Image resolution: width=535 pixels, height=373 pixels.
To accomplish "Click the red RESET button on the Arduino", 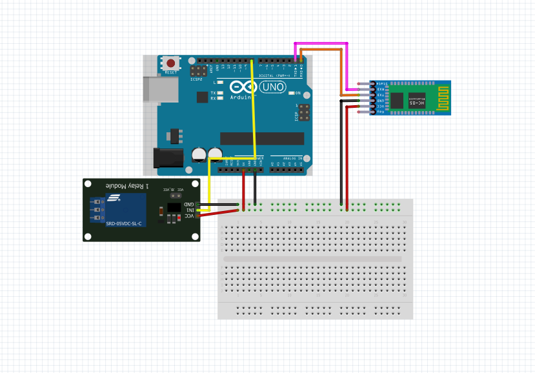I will [170, 63].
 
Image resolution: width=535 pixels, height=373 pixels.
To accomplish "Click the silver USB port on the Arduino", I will [154, 90].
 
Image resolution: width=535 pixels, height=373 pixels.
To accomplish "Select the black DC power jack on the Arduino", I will [165, 158].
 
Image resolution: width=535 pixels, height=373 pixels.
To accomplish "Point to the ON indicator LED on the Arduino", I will [291, 94].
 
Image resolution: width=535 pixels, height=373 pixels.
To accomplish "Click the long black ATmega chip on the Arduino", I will [260, 138].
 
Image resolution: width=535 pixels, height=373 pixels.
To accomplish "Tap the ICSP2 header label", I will [196, 79].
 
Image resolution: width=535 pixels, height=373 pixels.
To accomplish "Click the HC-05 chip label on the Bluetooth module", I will [417, 101].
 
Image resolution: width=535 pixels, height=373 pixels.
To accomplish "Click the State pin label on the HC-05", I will [381, 84].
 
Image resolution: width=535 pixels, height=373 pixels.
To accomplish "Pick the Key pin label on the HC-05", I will [381, 112].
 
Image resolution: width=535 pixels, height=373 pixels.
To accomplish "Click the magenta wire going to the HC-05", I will [321, 43].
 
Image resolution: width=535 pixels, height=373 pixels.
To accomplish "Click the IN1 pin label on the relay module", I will [190, 210].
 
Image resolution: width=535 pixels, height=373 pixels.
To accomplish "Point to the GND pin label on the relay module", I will [190, 204].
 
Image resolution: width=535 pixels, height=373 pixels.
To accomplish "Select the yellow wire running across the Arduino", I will [254, 110].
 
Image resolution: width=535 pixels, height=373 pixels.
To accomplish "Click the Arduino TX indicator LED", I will [220, 93].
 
